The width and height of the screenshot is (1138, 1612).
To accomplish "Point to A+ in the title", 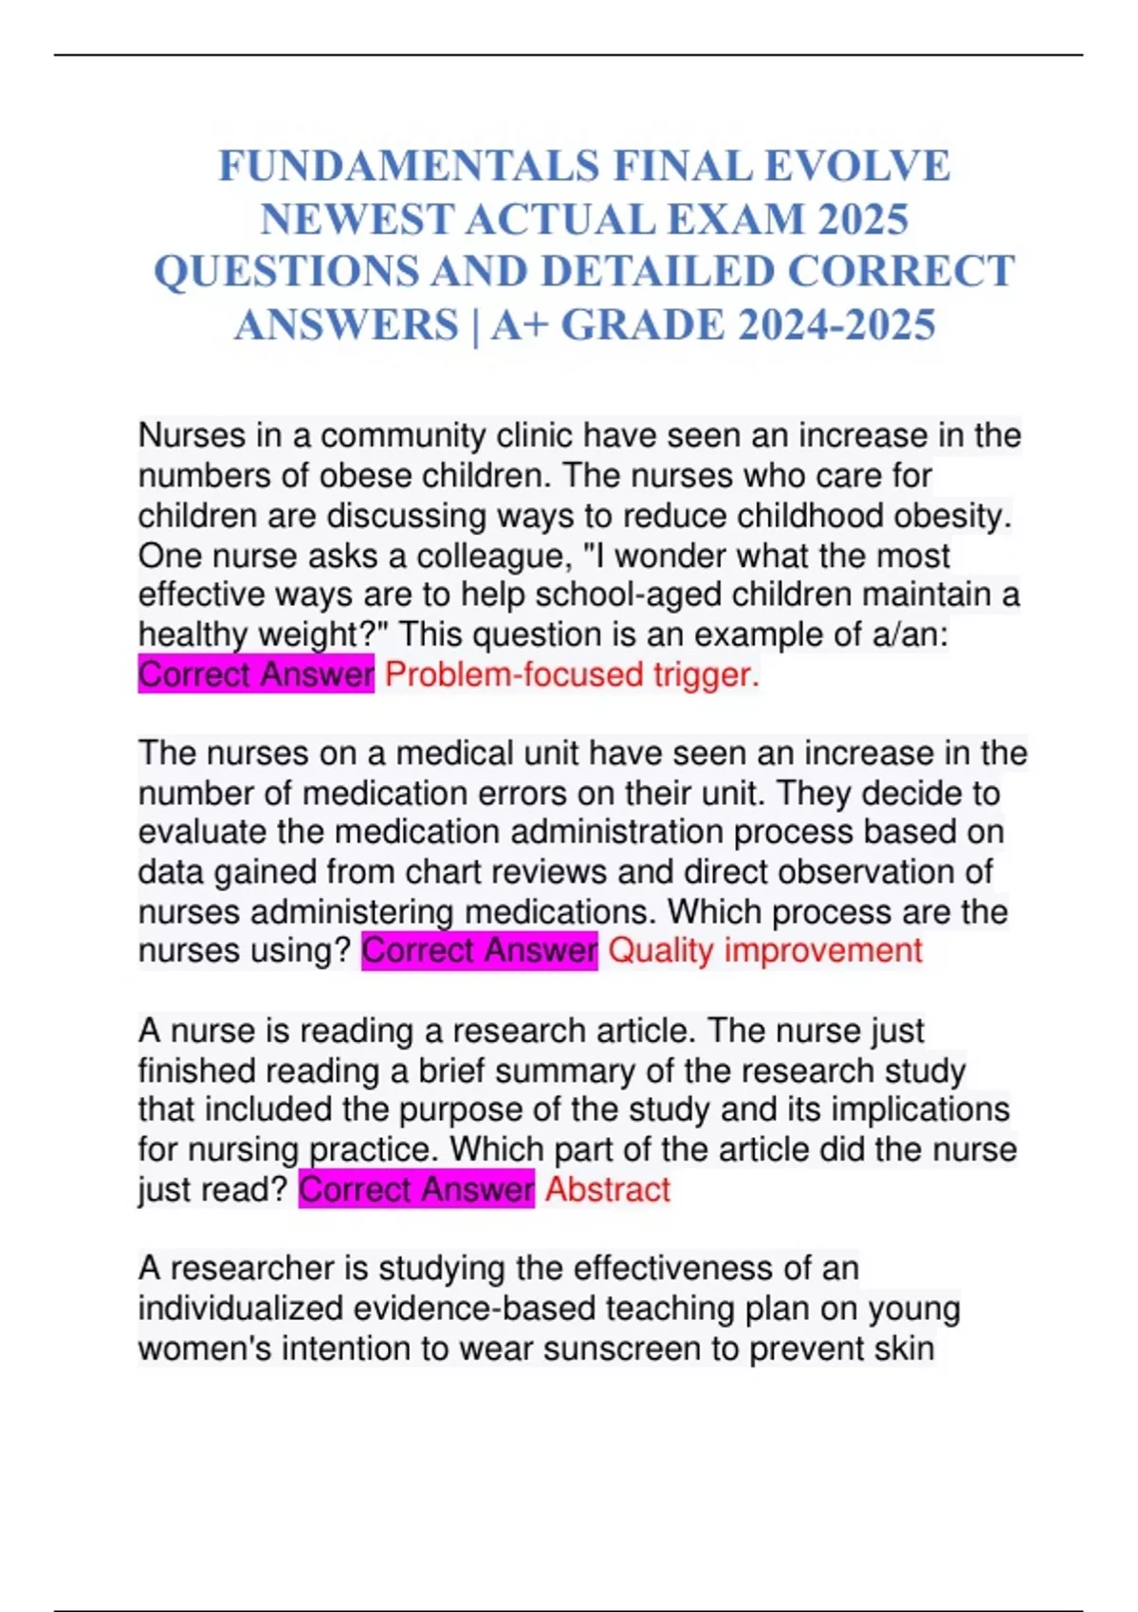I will tap(521, 324).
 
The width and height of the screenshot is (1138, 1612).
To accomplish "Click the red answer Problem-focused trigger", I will tap(572, 674).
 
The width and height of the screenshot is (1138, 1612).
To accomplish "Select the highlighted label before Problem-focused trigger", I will tap(256, 674).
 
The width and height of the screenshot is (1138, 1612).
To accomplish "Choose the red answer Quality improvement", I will tap(764, 950).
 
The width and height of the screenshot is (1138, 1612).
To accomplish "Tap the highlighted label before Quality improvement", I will tap(480, 950).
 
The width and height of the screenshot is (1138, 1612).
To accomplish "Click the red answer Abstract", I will tap(607, 1189).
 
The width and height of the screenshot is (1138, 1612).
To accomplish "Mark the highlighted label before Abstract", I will tap(416, 1189).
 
